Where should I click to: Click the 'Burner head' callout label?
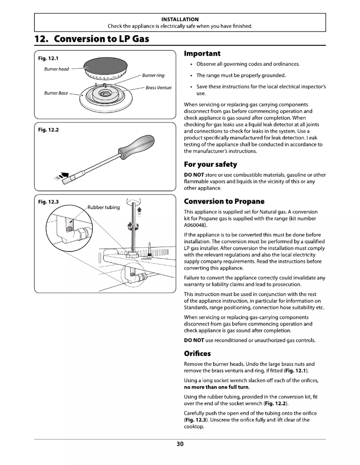pyautogui.click(x=56, y=69)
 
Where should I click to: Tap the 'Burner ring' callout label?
pyautogui.click(x=154, y=75)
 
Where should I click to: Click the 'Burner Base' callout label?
pyautogui.click(x=56, y=93)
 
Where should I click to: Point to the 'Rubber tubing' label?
pyautogui.click(x=103, y=207)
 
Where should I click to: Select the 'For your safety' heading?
pyautogui.click(x=211, y=164)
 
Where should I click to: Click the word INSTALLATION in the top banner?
pyautogui.click(x=180, y=19)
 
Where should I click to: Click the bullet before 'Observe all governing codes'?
pyautogui.click(x=192, y=64)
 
